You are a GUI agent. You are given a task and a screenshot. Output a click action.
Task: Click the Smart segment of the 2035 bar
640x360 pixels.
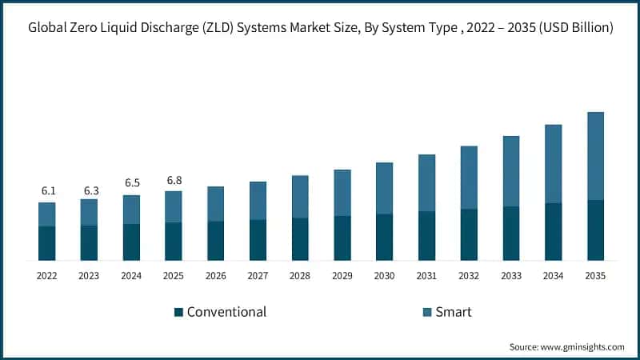coord(595,156)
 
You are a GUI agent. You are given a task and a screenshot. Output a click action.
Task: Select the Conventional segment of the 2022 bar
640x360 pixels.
coord(47,243)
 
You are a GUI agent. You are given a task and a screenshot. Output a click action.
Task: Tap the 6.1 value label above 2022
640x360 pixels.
coord(47,191)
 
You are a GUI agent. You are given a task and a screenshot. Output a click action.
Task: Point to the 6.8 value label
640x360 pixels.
coord(174,180)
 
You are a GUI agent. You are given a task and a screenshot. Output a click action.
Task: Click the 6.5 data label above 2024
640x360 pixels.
coord(131,183)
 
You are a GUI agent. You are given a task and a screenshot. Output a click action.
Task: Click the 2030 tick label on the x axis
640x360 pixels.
coord(384,276)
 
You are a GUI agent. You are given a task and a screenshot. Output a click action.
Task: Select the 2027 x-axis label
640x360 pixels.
coord(258,276)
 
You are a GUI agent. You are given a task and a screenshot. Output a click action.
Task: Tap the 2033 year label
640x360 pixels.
coord(511,276)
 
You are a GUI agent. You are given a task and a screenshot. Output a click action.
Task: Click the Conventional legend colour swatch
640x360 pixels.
coord(179,312)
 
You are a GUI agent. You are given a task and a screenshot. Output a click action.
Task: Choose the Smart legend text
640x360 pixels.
coord(453,312)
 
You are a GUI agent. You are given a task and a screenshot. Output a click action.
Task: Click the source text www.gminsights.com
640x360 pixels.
coord(583,347)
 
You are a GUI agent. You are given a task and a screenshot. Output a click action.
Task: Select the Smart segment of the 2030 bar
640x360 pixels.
coord(384,188)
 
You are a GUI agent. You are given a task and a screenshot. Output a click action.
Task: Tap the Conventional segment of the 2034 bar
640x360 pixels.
coord(553,232)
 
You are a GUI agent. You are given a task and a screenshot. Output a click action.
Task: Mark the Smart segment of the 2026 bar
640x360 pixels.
coord(216,204)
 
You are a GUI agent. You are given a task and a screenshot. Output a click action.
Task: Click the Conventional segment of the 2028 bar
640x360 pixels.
coord(300,239)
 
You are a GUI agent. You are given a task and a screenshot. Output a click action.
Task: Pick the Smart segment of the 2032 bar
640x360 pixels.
coord(469,178)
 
